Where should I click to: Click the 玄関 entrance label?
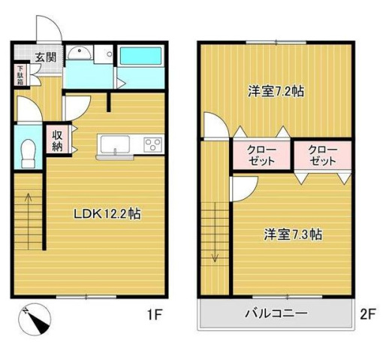45,56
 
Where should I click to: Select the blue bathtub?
140,56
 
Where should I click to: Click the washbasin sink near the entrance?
79,53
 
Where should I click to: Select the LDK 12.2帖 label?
107,213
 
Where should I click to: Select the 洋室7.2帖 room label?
276,92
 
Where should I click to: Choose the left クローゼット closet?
260,155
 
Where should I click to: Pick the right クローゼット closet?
323,155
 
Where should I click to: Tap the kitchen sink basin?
115,144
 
